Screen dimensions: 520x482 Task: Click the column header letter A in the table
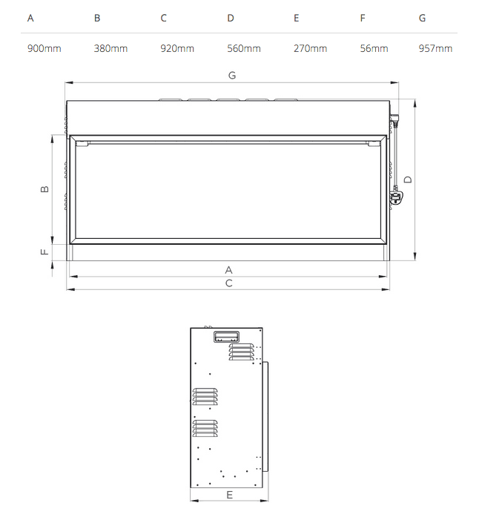[x=30, y=19]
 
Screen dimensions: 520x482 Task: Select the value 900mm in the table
[x=44, y=49]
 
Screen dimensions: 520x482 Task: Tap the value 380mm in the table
[x=110, y=49]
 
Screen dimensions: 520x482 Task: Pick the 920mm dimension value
[x=177, y=49]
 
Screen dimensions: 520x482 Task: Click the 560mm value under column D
[x=244, y=49]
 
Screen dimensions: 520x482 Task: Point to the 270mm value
[x=310, y=49]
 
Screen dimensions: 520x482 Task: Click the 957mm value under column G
[x=435, y=49]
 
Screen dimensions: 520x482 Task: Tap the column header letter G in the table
[x=422, y=19]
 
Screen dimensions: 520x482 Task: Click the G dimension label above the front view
[x=232, y=75]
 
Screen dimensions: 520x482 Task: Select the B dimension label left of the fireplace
[x=44, y=189]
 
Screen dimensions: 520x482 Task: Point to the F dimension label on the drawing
[x=44, y=252]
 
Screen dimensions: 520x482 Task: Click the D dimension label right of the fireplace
[x=408, y=179]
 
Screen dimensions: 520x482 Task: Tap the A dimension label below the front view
[x=229, y=270]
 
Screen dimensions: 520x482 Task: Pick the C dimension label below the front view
[x=229, y=283]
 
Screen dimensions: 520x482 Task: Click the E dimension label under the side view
[x=229, y=494]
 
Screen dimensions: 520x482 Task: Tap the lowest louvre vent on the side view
[x=205, y=428]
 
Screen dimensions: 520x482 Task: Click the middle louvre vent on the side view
[x=205, y=396]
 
